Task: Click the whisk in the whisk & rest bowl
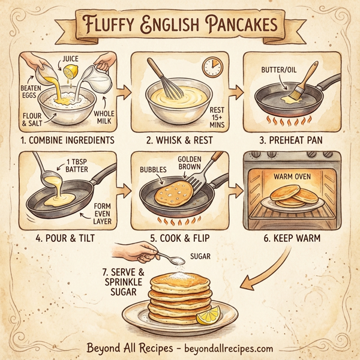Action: click(170, 81)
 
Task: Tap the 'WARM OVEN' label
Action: click(291, 177)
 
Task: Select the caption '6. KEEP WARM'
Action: click(291, 238)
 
